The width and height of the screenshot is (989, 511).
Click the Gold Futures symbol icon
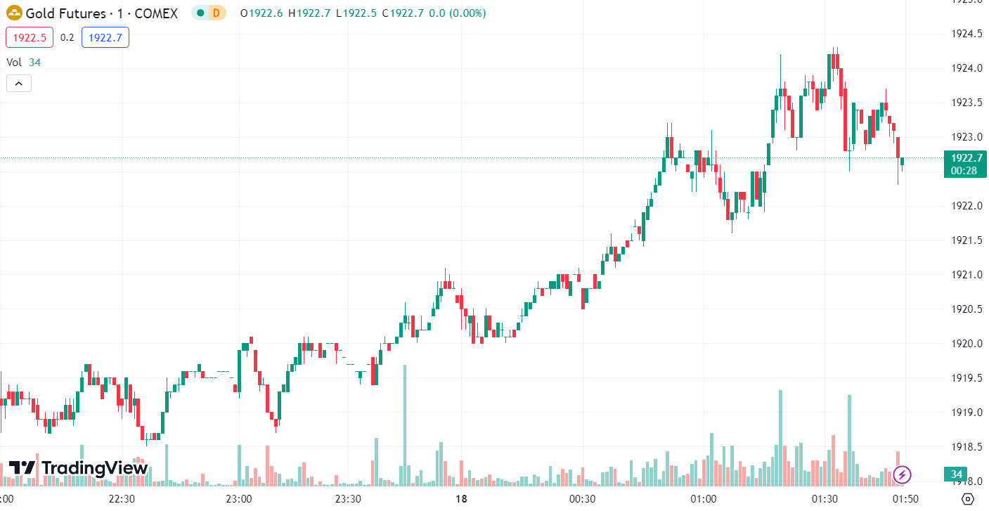14,13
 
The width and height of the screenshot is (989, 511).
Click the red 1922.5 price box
30,37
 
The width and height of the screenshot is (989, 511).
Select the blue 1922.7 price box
105,37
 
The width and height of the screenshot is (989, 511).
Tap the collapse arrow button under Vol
19,84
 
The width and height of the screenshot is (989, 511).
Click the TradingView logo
78,468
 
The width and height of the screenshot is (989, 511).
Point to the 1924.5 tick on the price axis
966,34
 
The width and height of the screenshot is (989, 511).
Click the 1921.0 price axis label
966,275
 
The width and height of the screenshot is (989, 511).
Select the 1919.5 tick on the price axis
966,378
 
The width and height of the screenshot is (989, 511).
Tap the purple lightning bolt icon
902,475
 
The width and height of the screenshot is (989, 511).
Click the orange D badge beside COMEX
216,13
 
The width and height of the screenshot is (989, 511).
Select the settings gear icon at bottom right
968,499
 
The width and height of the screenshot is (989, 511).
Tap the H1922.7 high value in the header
309,13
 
